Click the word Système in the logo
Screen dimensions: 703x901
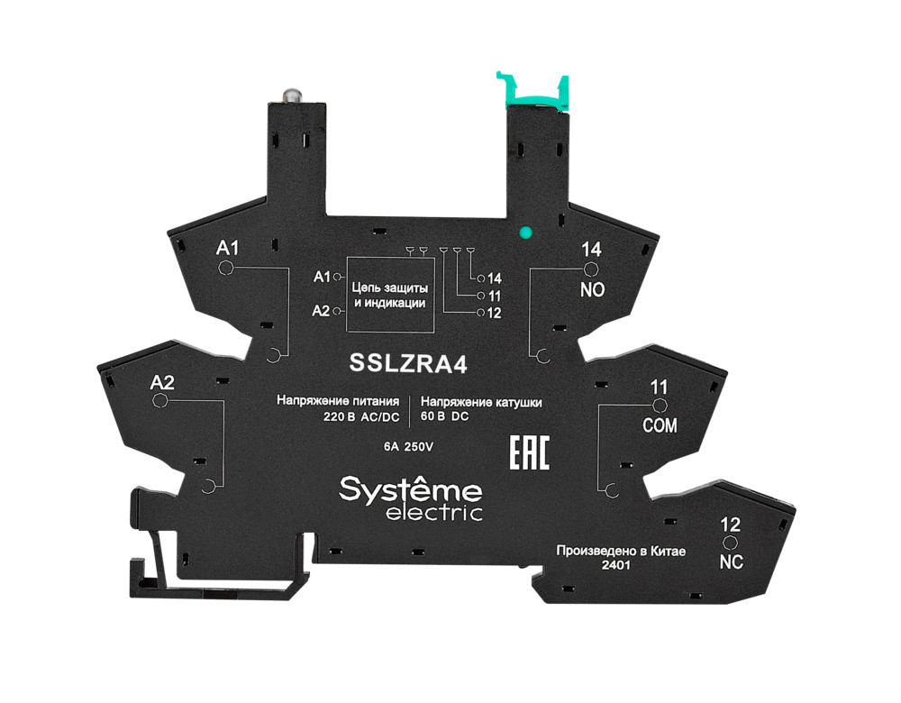(410, 490)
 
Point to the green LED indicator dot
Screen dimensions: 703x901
(525, 233)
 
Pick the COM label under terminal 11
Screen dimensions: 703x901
(660, 425)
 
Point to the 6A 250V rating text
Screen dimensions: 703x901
(409, 445)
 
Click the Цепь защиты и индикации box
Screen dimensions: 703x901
(388, 295)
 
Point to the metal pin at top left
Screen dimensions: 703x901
(291, 94)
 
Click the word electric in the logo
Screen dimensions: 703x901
(434, 513)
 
